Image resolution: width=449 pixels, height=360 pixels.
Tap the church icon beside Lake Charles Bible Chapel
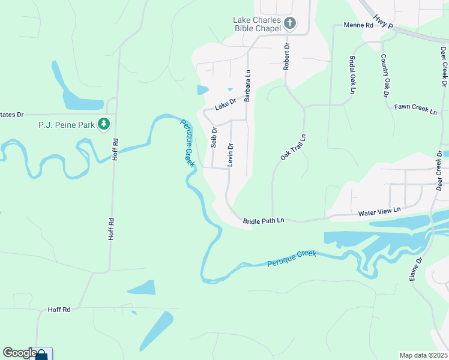[x=290, y=24]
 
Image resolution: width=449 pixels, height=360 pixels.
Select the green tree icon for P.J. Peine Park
[x=104, y=124]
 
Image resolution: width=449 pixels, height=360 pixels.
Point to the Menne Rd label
[x=358, y=25]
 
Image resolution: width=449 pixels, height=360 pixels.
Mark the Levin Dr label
[x=230, y=154]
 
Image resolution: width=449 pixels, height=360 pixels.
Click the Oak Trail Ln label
[x=294, y=147]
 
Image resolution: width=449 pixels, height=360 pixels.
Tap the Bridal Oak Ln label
[x=352, y=75]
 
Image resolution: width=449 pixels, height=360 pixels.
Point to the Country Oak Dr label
[x=384, y=76]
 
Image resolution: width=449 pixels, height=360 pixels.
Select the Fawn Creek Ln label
[x=415, y=109]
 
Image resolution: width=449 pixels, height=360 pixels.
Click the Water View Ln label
[x=378, y=213]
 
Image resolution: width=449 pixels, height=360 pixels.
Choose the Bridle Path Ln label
[x=263, y=221]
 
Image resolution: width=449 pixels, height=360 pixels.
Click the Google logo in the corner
[x=20, y=353]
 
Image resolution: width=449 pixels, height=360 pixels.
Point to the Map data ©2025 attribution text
[x=423, y=355]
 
